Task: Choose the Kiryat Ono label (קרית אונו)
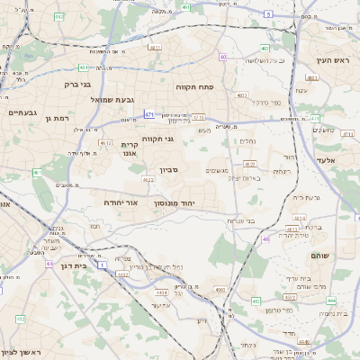click(130, 148)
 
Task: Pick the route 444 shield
click(331, 300)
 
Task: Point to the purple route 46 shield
click(266, 238)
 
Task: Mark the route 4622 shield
click(148, 180)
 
